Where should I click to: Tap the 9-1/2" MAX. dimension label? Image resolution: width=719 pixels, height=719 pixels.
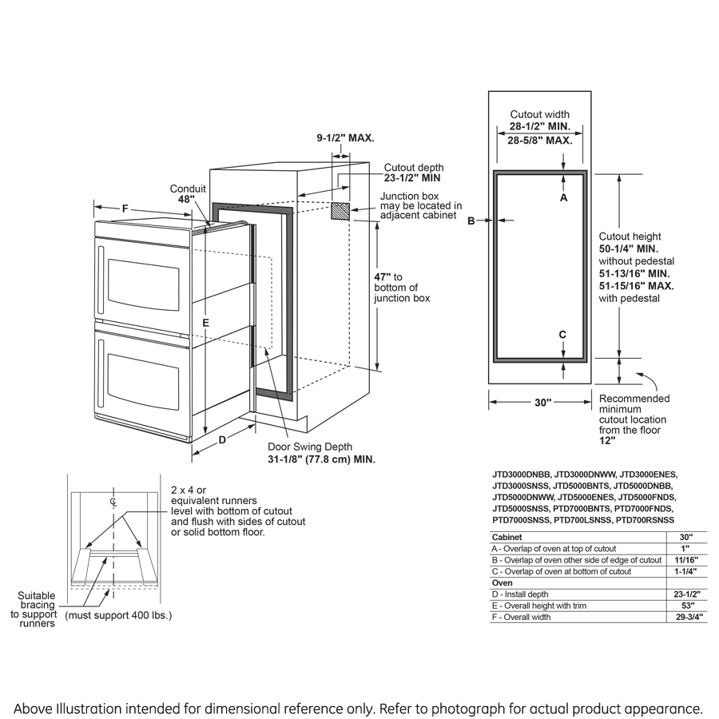[345, 138]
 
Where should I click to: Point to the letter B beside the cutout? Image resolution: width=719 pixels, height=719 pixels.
[471, 220]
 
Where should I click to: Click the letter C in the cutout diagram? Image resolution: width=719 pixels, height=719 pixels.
[563, 334]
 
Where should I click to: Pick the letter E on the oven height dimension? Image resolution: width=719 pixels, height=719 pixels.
[206, 322]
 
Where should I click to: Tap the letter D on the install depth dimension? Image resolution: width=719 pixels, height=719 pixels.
[223, 439]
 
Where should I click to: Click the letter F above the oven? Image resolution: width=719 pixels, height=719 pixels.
[125, 209]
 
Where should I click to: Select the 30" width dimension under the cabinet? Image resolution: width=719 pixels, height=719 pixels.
[542, 403]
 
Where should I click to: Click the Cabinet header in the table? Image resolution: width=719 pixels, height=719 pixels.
[507, 538]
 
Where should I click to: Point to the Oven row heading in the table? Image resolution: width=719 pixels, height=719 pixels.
[503, 582]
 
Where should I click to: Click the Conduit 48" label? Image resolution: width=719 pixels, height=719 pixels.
[188, 194]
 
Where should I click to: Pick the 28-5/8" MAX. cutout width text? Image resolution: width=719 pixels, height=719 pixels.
[539, 140]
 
